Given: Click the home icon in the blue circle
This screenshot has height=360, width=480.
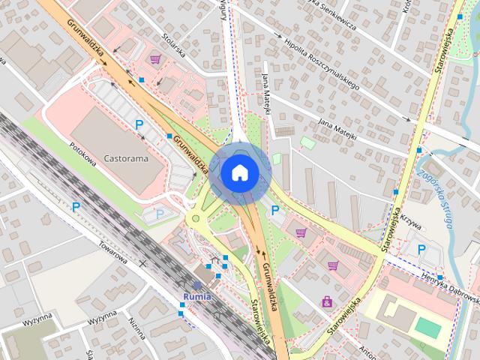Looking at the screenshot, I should coord(239,172).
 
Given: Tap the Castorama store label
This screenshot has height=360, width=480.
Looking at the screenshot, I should coord(126,159).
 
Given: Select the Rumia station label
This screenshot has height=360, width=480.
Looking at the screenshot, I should coord(197,295).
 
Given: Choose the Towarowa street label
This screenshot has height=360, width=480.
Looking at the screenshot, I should coord(111,252).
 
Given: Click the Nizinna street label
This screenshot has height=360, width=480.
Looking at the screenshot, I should coord(136,328).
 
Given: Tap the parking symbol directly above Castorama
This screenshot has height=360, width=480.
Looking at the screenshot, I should coord(139,124).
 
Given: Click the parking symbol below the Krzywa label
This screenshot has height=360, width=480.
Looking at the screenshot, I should coord(421,249).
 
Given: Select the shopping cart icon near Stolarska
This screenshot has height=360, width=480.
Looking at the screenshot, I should coord(155,59).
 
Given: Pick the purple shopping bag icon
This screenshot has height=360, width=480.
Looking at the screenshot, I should coord(327,302).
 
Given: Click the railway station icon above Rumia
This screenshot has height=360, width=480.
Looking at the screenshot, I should coord(197,285).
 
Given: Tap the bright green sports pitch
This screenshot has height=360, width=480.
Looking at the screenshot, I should coord(428,326).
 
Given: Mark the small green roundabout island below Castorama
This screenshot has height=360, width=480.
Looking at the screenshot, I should coord(196,220).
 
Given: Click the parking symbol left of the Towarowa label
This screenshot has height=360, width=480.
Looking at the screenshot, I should coord(76,206).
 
